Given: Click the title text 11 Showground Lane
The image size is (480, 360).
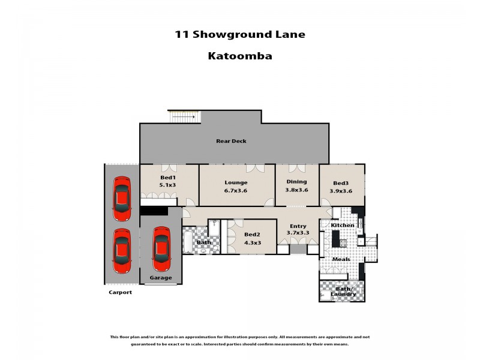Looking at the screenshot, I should click(239, 34).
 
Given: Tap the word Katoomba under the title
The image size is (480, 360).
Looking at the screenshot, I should click(239, 56).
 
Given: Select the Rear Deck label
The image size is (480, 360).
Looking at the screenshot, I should click(231, 141).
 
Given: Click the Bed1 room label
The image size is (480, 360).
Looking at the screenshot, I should click(167, 178).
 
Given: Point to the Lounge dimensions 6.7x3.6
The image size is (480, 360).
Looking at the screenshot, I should click(236, 191).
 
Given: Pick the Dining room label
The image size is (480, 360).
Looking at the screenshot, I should click(296, 181).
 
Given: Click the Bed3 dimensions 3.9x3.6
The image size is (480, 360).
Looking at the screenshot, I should click(341, 191).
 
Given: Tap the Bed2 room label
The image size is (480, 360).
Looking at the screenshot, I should click(252, 235).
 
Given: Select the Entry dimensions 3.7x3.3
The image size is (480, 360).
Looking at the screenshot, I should click(298, 233).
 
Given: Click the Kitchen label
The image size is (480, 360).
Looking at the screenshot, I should click(343, 225).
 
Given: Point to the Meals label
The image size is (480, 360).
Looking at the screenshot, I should click(341, 259).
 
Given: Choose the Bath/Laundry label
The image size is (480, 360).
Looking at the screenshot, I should click(343, 291).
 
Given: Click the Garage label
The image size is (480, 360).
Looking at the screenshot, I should click(161, 278).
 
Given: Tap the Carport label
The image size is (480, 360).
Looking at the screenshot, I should click(120, 292).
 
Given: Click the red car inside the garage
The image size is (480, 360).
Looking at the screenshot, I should click(161, 248).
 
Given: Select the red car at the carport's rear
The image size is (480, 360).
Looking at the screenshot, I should click(122, 198).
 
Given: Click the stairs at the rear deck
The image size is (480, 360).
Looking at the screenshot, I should click(185, 116).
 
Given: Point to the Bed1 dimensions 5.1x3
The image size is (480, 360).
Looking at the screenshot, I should click(167, 185).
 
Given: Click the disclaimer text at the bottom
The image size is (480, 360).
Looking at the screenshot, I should click(239, 340).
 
